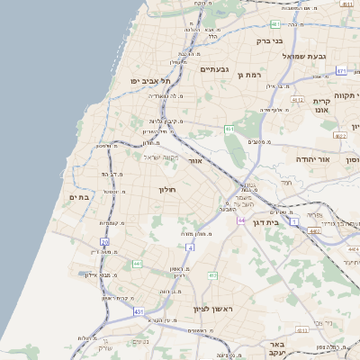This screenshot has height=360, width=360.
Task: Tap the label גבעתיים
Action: [217, 68]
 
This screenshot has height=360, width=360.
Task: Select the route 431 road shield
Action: [139, 311]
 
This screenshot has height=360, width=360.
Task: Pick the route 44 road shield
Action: [242, 220]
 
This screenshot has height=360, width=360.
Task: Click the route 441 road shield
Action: [137, 263]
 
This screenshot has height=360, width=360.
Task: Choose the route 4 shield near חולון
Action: [190, 247]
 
